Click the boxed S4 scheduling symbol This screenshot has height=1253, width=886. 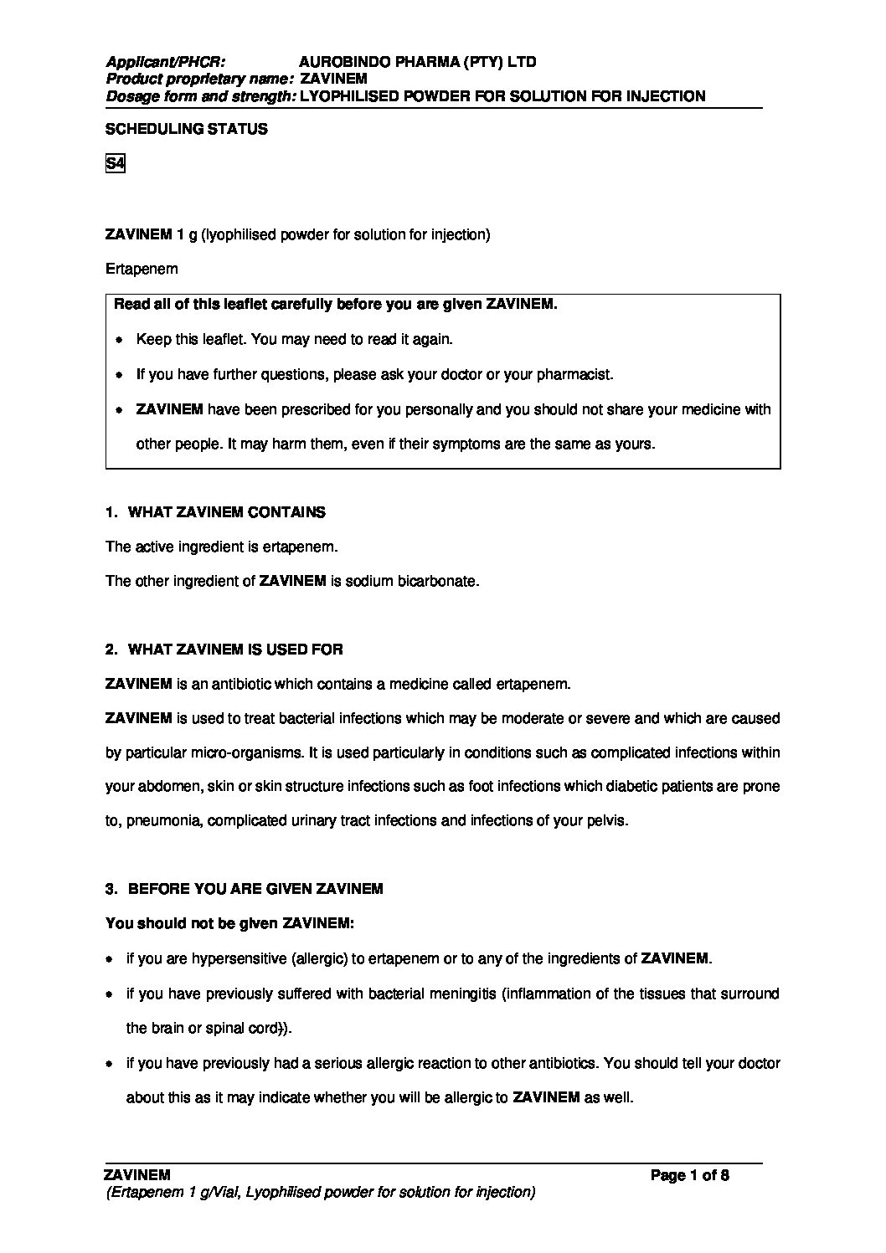pos(115,164)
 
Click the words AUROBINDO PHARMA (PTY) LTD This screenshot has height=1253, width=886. pos(417,62)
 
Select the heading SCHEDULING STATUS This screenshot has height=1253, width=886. pos(186,129)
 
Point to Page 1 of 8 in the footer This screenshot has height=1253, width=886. pos(689,1175)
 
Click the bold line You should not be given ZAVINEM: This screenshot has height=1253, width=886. pos(229,924)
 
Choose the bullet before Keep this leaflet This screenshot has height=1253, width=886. pos(119,340)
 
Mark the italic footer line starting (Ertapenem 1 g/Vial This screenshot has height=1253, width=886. pos(320,1192)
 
